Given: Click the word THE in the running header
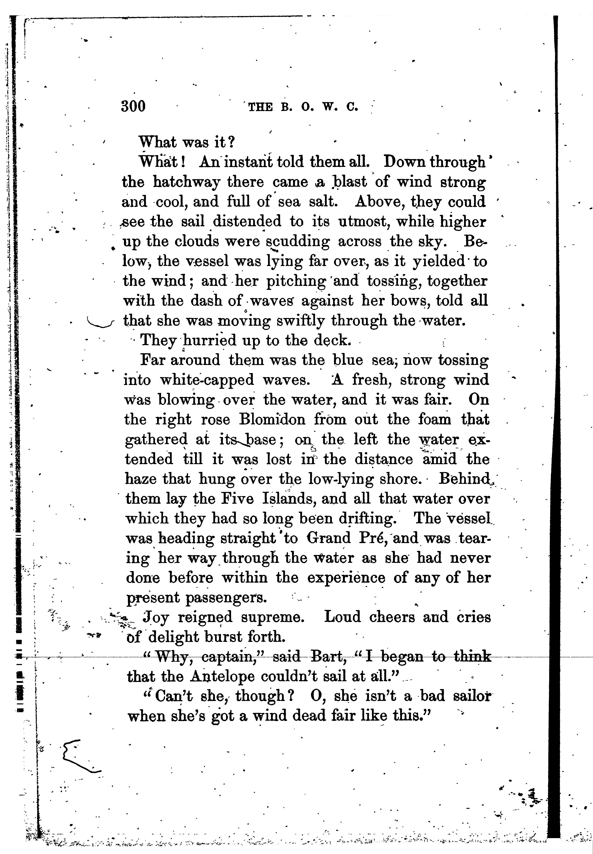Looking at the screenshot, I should [260, 107].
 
